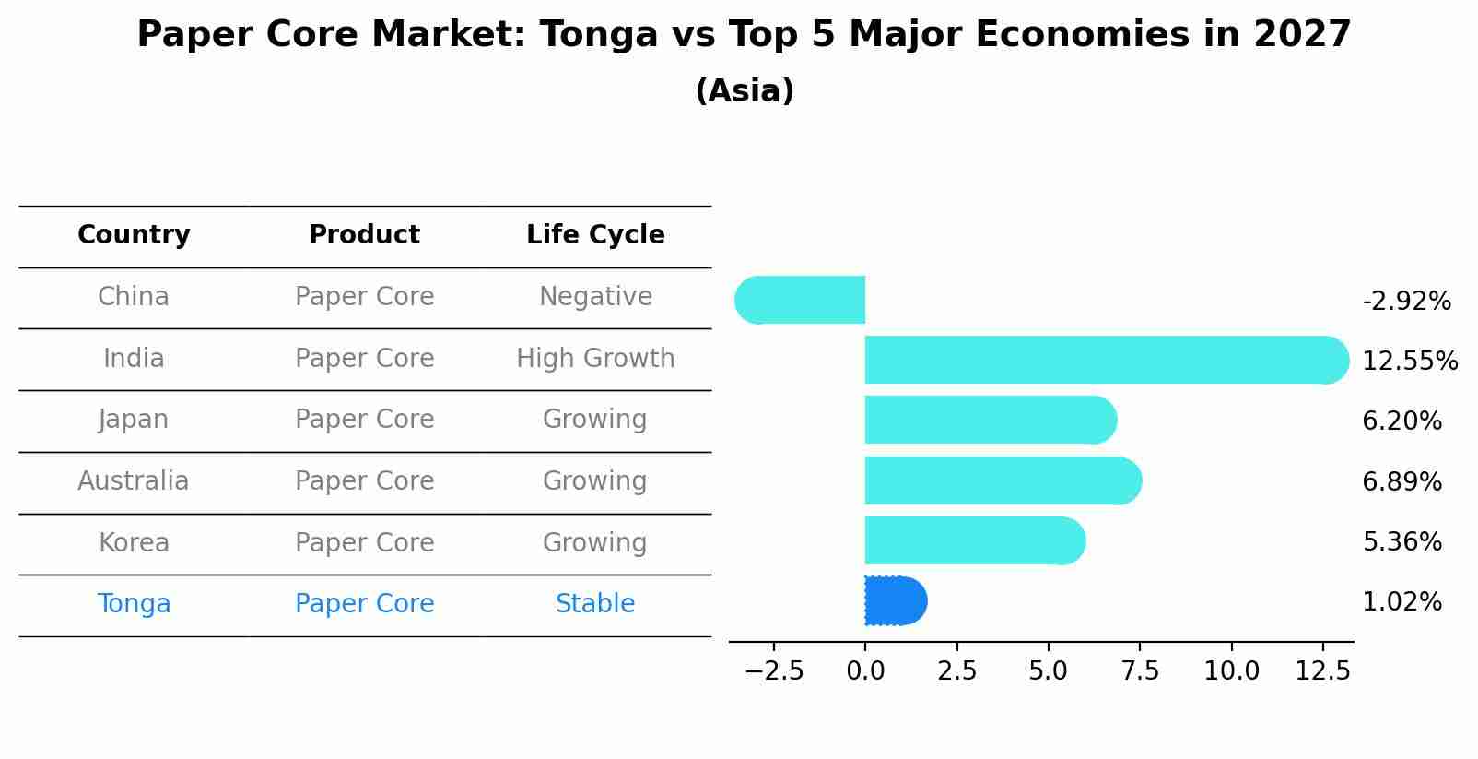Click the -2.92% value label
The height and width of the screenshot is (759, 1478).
point(1406,302)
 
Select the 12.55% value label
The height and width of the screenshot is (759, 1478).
point(1410,361)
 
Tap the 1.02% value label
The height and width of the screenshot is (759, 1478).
point(1402,602)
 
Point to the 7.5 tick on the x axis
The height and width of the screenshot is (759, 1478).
point(1140,670)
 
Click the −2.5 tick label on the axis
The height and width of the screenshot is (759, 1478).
point(773,670)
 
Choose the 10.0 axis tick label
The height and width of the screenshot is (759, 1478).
point(1231,670)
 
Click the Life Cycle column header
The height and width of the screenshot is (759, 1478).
point(595,235)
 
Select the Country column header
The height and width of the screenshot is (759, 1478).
point(134,235)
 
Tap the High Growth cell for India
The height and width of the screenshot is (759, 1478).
point(595,358)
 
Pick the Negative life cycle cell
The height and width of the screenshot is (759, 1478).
point(595,297)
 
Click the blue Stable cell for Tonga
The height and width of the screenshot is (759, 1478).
point(595,604)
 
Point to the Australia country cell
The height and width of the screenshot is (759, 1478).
point(134,481)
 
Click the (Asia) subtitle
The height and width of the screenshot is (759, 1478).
point(745,91)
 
